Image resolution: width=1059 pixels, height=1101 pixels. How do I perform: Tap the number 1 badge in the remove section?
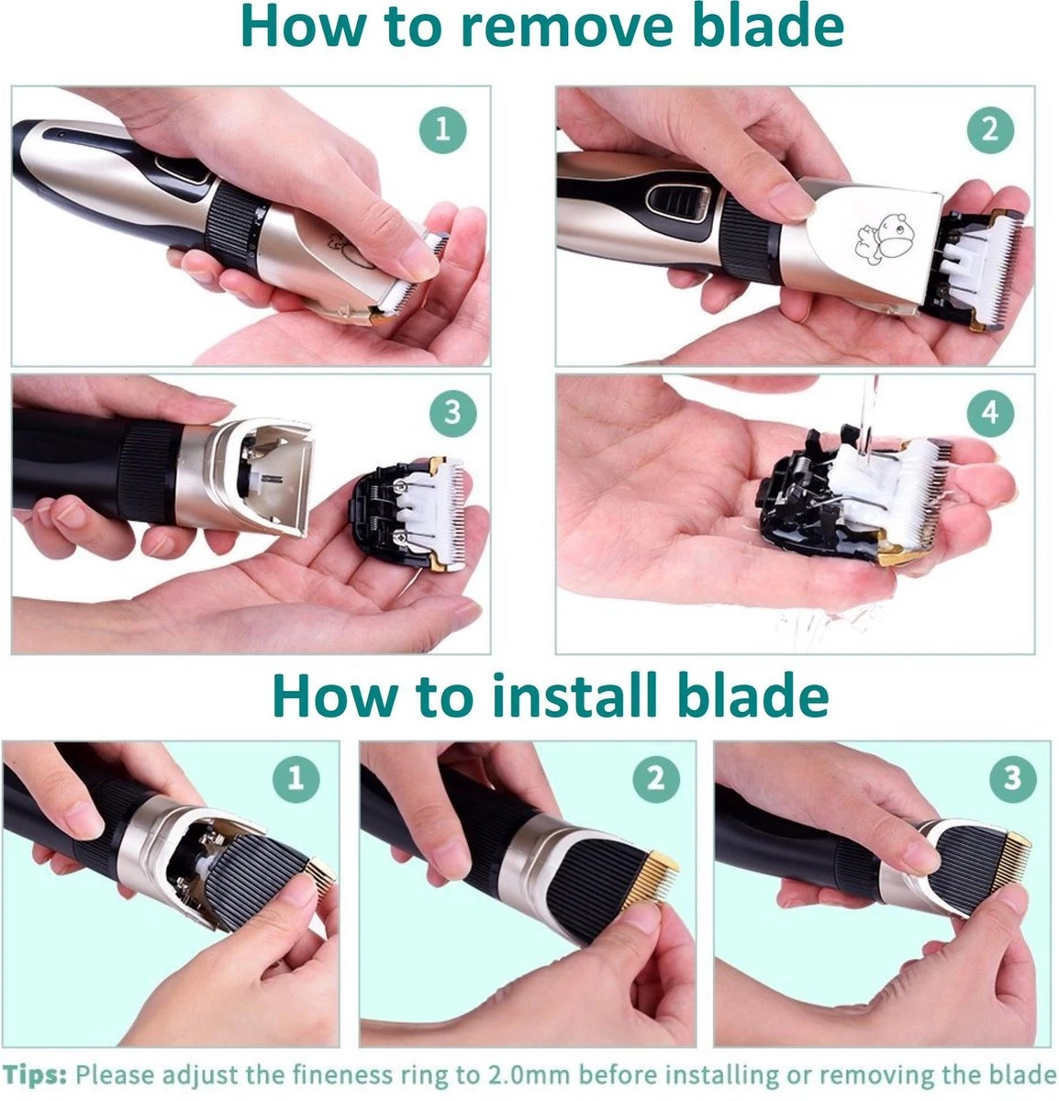pyautogui.click(x=442, y=130)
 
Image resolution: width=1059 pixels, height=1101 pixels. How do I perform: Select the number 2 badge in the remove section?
pyautogui.click(x=990, y=130)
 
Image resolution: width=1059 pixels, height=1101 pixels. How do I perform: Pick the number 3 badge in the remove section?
pyautogui.click(x=452, y=413)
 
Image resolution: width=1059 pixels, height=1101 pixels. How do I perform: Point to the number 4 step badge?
pyautogui.click(x=990, y=413)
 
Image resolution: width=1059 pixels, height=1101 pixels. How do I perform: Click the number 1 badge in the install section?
pyautogui.click(x=296, y=779)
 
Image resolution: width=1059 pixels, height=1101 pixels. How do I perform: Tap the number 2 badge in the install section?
pyautogui.click(x=656, y=779)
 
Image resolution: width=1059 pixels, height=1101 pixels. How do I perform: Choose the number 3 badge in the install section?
pyautogui.click(x=1013, y=779)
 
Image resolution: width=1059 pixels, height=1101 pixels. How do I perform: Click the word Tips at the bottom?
pyautogui.click(x=35, y=1075)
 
